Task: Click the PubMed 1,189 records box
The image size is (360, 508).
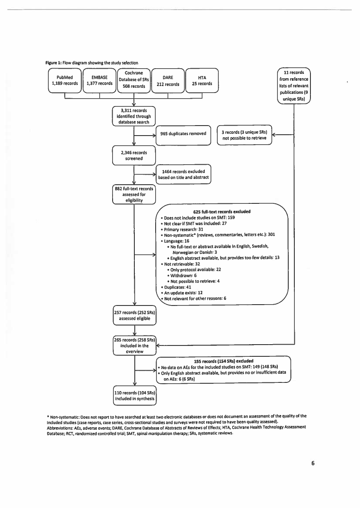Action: (x=65, y=81)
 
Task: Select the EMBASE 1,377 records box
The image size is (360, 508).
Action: (x=100, y=81)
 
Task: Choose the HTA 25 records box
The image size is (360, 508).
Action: (x=202, y=81)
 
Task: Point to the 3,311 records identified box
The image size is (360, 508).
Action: (x=134, y=116)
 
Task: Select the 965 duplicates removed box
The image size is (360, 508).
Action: (x=183, y=134)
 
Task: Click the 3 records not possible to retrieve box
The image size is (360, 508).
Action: (x=244, y=135)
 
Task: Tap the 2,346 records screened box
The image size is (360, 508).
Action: (x=134, y=156)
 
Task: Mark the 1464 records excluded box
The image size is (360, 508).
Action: (x=183, y=174)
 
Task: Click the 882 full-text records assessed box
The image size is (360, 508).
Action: (x=134, y=195)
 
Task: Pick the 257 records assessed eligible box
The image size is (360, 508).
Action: (x=134, y=315)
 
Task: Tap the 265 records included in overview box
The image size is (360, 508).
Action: (x=134, y=346)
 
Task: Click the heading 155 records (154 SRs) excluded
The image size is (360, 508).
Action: (x=223, y=361)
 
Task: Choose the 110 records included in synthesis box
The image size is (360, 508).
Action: (x=134, y=395)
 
